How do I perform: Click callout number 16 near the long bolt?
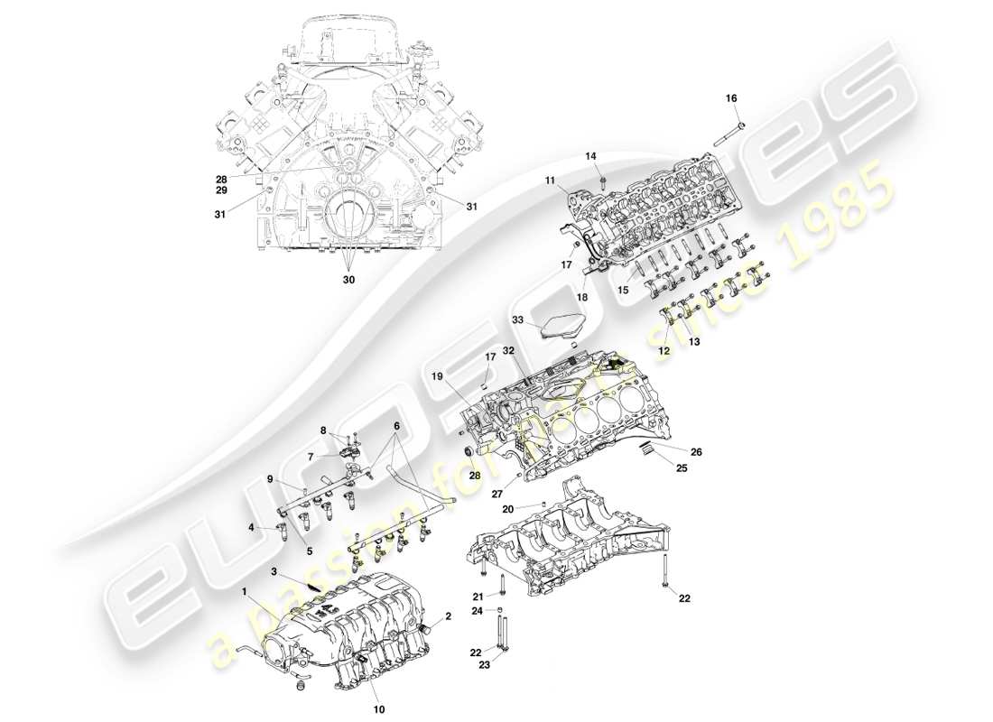tap(731, 97)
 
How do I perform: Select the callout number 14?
tap(591, 156)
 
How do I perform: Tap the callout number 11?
tap(550, 181)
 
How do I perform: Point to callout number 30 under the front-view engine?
tap(348, 280)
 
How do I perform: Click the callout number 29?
tap(221, 192)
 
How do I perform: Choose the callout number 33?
tap(517, 319)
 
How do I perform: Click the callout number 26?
tap(696, 452)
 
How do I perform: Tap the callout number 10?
tap(380, 709)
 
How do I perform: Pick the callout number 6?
tap(395, 426)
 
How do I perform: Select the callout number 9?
tap(269, 478)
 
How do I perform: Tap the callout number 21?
tap(478, 596)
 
